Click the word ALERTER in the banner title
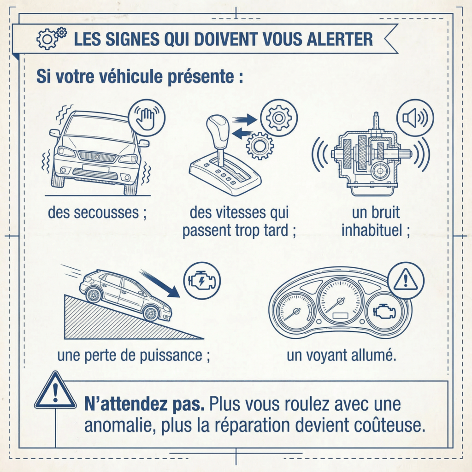pyautogui.click(x=340, y=39)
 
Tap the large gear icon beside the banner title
pyautogui.click(x=47, y=39)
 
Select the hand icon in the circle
pyautogui.click(x=146, y=118)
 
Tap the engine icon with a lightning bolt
pyautogui.click(x=202, y=281)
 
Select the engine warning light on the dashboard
pyautogui.click(x=384, y=312)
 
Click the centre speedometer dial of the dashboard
pyautogui.click(x=340, y=301)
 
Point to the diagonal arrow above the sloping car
pyautogui.click(x=160, y=283)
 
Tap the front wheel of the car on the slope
pyautogui.click(x=151, y=313)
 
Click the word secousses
pyautogui.click(x=106, y=212)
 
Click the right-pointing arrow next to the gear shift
pyautogui.click(x=244, y=119)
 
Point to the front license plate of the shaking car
pyautogui.click(x=95, y=168)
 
